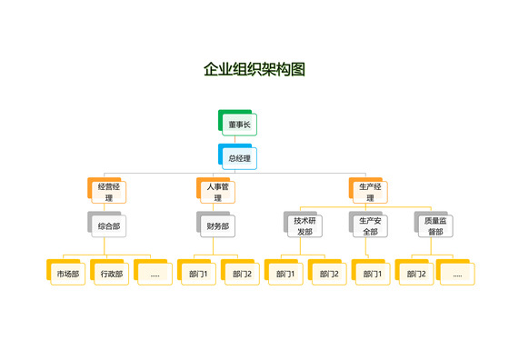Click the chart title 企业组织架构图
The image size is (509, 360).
point(254,69)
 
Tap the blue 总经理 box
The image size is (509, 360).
point(239,158)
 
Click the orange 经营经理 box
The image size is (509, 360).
point(108,192)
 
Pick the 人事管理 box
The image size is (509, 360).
point(217,192)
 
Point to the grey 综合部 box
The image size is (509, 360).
point(108,225)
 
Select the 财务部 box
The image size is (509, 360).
point(217,225)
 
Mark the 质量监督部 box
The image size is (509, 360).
point(434,225)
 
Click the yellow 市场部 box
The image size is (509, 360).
point(66,273)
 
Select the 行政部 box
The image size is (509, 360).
point(110,273)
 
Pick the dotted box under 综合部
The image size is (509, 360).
point(155,273)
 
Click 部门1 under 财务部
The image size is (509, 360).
point(197,273)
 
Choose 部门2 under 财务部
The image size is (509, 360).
point(241,273)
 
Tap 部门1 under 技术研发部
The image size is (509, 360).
point(284,273)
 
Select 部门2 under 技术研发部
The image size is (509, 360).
point(328,273)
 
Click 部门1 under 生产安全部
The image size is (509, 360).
point(372,273)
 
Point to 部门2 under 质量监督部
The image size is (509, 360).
point(415,273)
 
